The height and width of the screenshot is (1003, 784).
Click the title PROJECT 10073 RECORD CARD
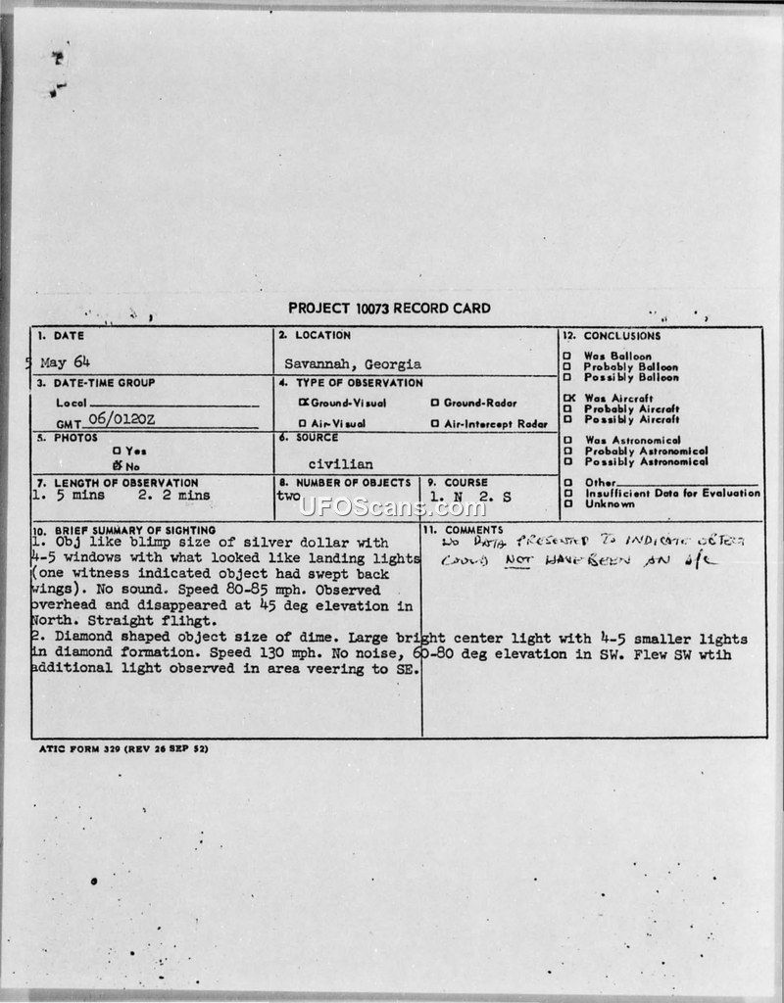(390, 309)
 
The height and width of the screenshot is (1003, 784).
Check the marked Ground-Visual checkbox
(304, 403)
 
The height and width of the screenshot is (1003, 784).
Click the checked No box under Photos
(117, 466)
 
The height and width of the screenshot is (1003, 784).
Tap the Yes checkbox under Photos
(117, 451)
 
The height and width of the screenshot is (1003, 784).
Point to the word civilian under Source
(340, 464)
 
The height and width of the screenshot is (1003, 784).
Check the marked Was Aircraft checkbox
(567, 398)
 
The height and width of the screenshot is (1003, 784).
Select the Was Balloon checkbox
(567, 356)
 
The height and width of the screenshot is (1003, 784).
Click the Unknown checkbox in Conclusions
(567, 504)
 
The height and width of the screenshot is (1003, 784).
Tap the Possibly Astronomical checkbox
(567, 461)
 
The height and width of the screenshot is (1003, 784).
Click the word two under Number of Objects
(288, 497)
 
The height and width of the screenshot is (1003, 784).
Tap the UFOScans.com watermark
(392, 507)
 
